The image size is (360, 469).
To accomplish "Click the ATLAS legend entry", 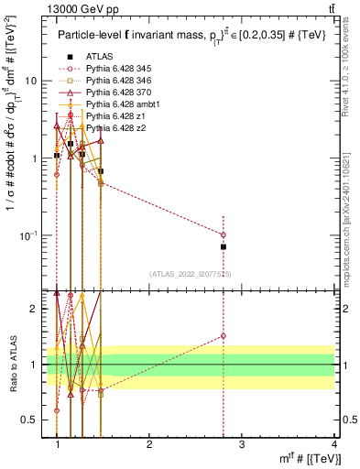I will click(x=99, y=56).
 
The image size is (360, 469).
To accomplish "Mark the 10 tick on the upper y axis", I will click(x=30, y=81).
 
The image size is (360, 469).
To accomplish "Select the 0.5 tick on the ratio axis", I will click(x=30, y=420).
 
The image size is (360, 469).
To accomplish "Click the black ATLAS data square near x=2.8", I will click(x=223, y=246).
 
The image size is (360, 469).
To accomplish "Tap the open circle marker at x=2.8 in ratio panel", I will click(x=223, y=336).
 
